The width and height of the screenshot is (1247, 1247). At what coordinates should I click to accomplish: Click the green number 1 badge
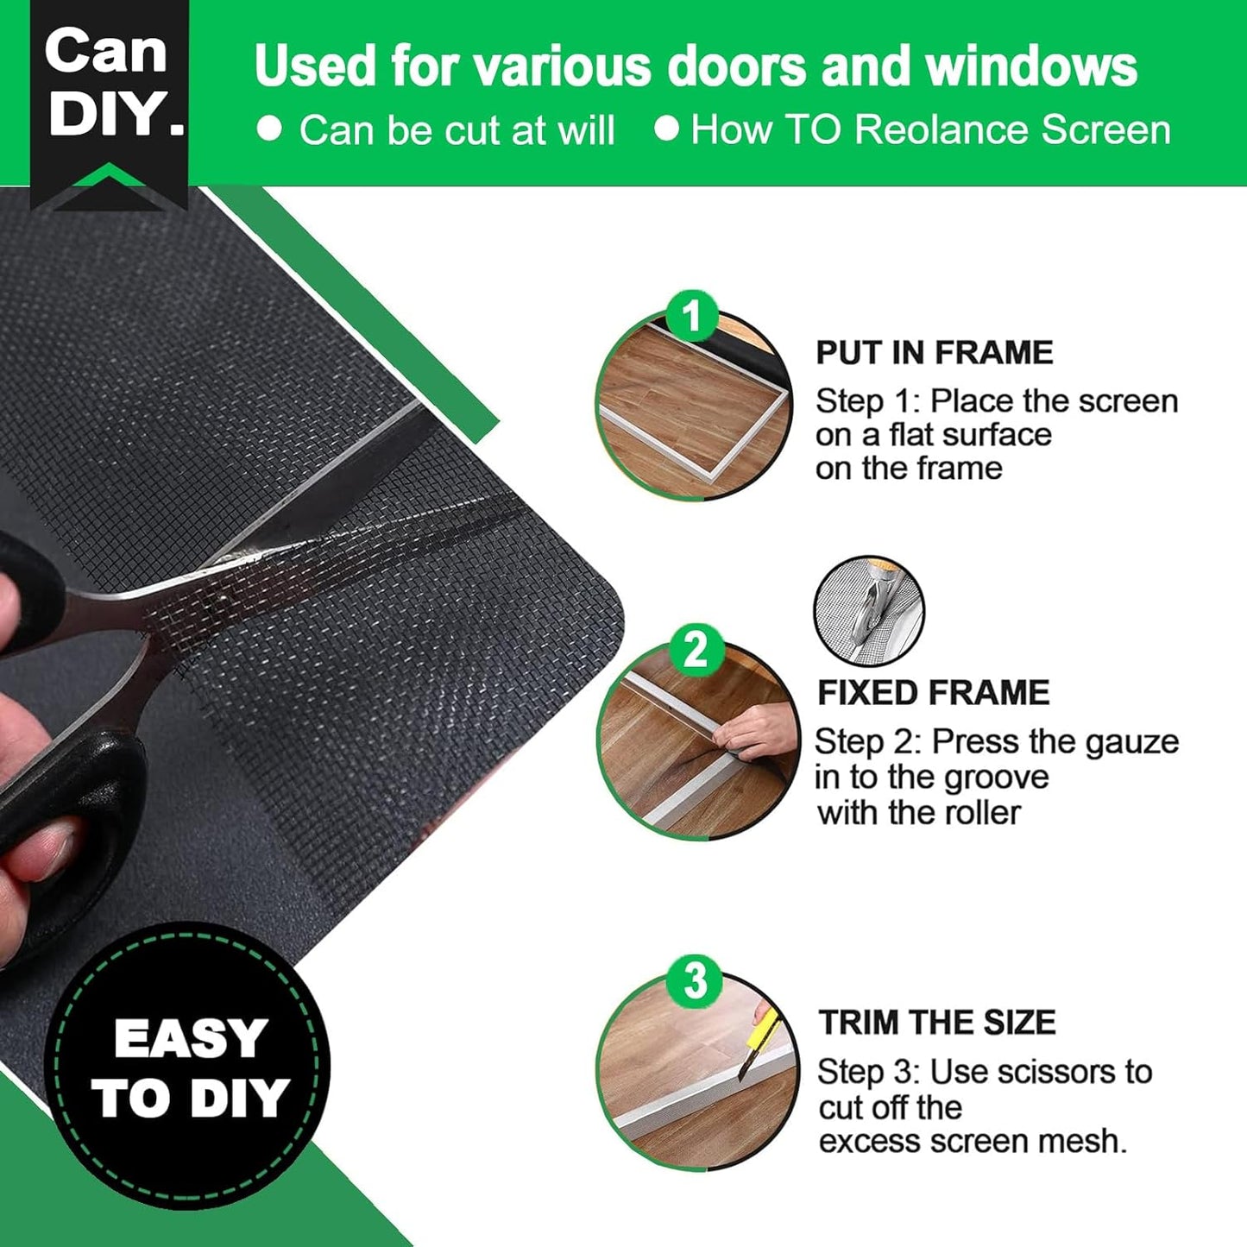coord(692,317)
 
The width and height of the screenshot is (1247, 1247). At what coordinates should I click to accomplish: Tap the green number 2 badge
coord(695,650)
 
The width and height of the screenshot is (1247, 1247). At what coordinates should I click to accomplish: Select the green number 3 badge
coord(695,981)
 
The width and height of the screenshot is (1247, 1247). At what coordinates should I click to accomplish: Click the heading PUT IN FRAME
coord(934,352)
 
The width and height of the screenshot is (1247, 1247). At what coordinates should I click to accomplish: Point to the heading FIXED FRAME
coord(933,692)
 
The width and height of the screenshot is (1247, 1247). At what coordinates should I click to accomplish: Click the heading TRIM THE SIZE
coord(937,1022)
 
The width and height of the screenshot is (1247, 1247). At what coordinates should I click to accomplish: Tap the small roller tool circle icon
coord(868,611)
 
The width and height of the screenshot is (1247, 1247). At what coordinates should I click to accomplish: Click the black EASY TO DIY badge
coord(188,1067)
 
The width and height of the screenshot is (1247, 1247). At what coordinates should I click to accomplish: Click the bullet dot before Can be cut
coord(270,129)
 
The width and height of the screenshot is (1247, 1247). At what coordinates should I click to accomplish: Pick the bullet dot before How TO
coord(666,129)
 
